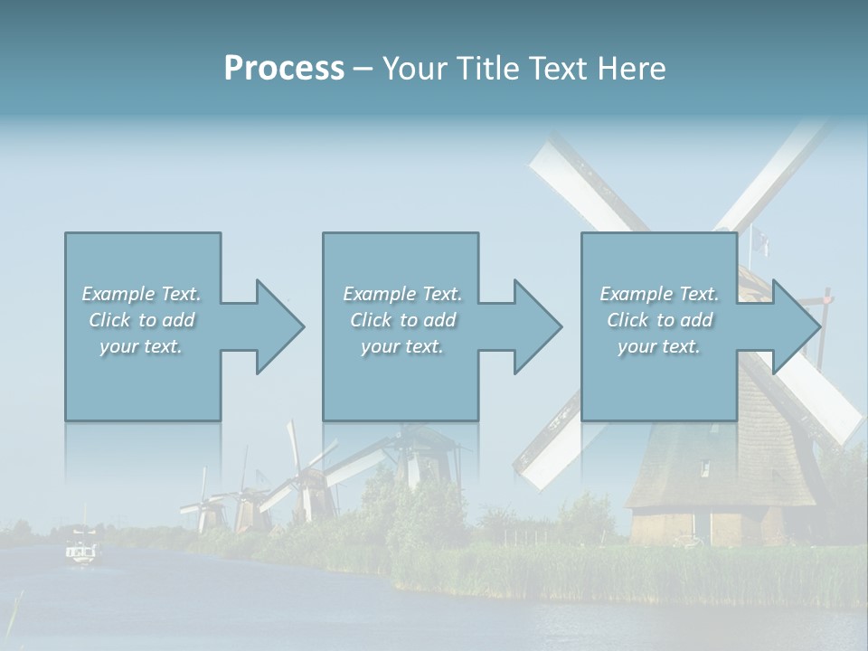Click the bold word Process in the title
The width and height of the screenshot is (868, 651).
point(284,69)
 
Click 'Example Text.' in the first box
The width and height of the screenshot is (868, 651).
point(142,294)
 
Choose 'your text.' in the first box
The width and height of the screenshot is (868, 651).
point(142,346)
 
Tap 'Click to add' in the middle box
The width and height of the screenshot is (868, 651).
point(402,320)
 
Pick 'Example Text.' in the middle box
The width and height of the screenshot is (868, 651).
point(402,294)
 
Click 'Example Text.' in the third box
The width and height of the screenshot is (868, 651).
point(659,294)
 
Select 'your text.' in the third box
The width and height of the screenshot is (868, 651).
point(659,346)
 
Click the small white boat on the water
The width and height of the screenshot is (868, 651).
point(81,551)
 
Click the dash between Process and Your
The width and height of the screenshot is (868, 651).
point(363,69)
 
